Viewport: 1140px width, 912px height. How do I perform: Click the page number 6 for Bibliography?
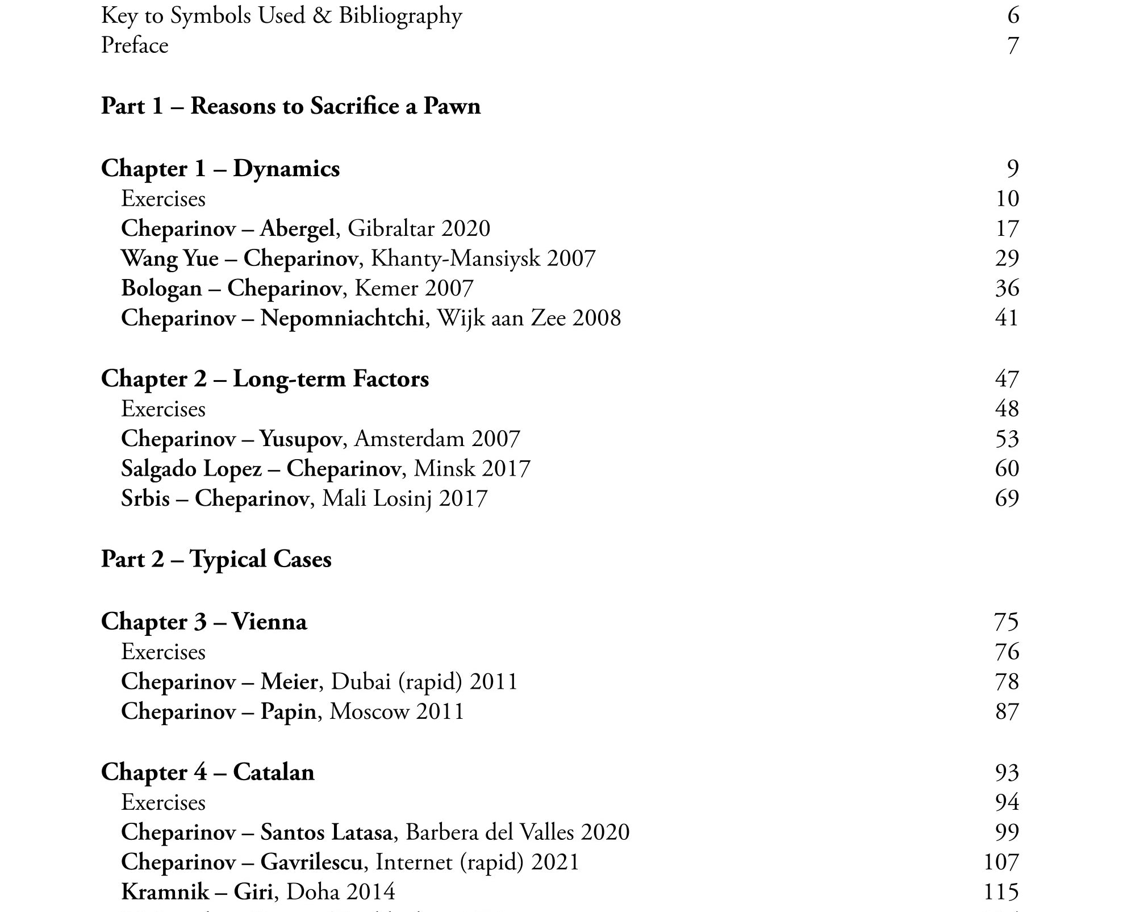click(x=1013, y=15)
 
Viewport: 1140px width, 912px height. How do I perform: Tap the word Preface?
click(x=135, y=45)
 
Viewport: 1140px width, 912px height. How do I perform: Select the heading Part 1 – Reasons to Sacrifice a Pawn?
click(x=290, y=106)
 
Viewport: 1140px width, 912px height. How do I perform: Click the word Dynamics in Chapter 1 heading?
click(x=286, y=169)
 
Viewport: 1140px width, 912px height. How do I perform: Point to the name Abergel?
click(x=297, y=228)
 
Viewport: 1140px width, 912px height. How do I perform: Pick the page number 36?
click(x=1007, y=288)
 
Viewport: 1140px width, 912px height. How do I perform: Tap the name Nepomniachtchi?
click(x=342, y=318)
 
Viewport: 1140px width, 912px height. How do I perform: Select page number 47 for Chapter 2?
click(x=1007, y=379)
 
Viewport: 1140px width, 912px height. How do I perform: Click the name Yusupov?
click(x=300, y=439)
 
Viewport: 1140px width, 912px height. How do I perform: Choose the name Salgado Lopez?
click(x=191, y=469)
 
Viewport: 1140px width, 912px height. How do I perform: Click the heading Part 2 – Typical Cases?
click(x=216, y=559)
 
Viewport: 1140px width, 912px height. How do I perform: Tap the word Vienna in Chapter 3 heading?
click(x=269, y=622)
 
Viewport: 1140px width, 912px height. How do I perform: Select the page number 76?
click(x=1007, y=652)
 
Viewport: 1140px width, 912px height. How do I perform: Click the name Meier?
click(x=289, y=681)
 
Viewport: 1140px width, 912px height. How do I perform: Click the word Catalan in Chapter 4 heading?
click(x=273, y=772)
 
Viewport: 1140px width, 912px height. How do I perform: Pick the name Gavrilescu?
click(x=311, y=862)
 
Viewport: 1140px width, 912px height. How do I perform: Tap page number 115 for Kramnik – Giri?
click(x=1001, y=892)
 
